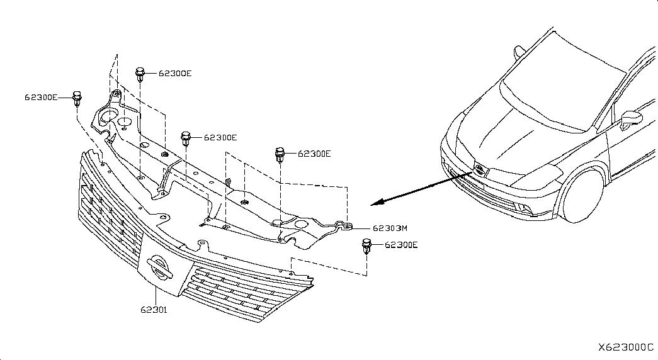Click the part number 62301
coord(154,310)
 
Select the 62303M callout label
coord(390,228)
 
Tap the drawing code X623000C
coord(626,347)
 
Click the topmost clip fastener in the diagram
coord(140,74)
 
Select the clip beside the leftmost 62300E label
coord(77,99)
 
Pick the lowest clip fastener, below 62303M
coord(366,246)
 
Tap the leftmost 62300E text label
coord(41,98)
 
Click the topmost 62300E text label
coord(175,73)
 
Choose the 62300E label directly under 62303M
coord(401,245)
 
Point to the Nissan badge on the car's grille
coord(479,170)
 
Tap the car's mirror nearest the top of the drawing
coord(519,52)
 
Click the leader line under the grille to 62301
coord(156,296)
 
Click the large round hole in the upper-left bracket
coord(110,116)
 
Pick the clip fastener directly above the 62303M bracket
coord(280,155)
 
